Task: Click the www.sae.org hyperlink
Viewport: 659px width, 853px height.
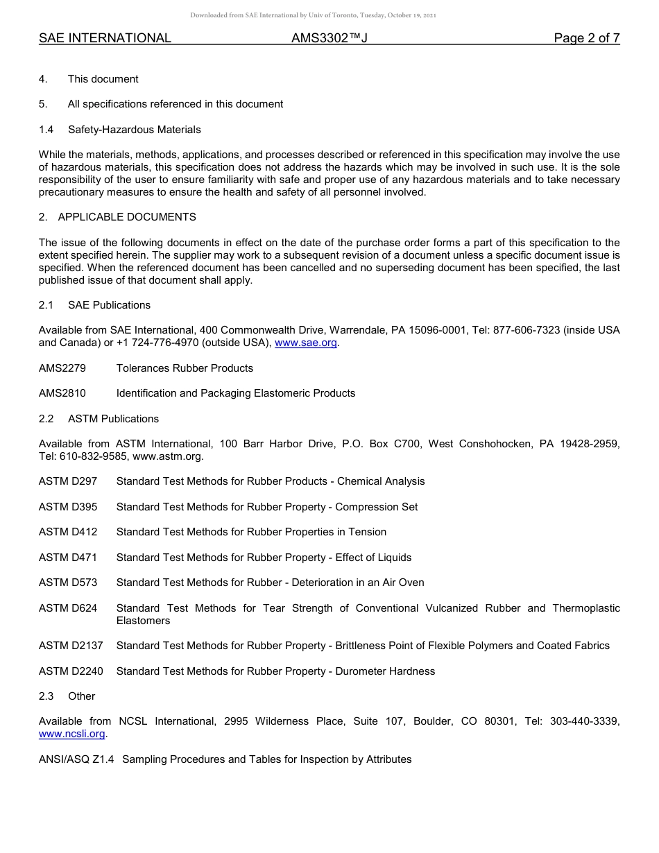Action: [306, 343]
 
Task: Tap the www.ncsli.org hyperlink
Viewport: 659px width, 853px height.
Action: [72, 734]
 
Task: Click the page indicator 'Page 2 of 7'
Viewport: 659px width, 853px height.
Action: [586, 38]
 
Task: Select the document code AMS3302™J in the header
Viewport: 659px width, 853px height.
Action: [329, 38]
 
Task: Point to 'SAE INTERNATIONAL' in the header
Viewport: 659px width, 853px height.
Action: [105, 38]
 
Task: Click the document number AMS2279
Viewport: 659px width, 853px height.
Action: [62, 368]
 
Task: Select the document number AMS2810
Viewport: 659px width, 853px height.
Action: [62, 393]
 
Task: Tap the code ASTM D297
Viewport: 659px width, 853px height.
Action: [68, 481]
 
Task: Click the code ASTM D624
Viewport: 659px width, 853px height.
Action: [68, 608]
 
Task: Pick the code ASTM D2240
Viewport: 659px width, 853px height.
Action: [71, 671]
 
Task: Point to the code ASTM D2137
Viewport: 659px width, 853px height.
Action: [71, 646]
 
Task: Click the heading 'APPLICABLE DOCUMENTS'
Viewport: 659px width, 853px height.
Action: [127, 217]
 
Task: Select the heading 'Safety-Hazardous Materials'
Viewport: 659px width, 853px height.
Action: [134, 130]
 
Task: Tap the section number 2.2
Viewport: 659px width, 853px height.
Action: [46, 419]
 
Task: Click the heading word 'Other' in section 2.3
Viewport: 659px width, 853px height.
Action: [81, 696]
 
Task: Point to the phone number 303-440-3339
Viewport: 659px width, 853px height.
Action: [584, 721]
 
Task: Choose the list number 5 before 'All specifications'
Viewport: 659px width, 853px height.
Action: [42, 104]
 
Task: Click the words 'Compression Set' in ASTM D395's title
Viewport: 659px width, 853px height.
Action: [376, 507]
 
